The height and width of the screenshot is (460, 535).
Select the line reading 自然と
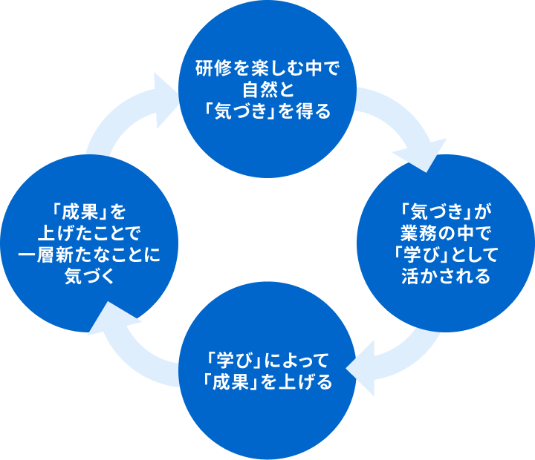point(267,92)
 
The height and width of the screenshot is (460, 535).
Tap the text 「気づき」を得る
point(267,112)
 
